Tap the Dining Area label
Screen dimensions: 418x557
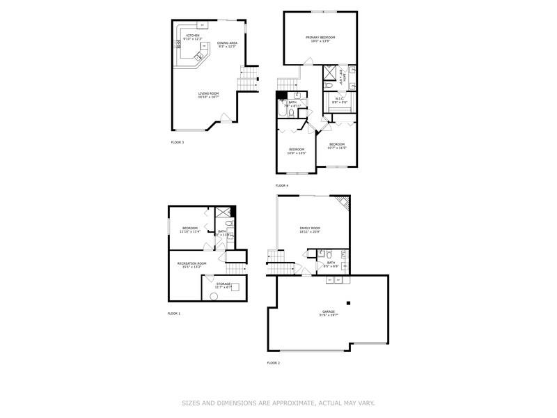pos(227,45)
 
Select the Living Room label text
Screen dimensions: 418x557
pos(208,95)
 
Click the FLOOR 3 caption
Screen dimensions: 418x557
pos(178,142)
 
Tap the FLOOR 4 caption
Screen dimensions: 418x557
pos(281,185)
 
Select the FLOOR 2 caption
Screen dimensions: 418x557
pos(273,363)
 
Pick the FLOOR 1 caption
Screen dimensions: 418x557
pos(174,313)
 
